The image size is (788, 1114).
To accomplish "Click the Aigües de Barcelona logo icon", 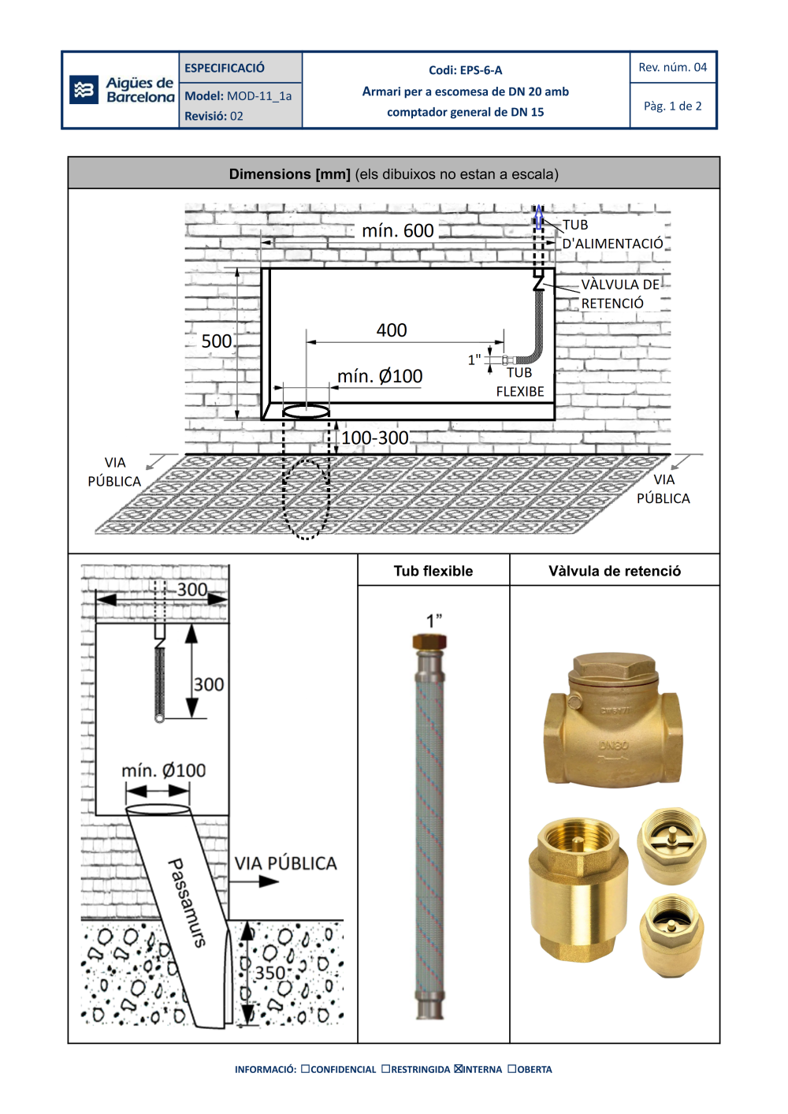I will pos(83,90).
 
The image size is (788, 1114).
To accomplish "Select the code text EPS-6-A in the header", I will pos(481,70).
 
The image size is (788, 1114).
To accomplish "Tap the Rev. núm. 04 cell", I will pos(672,67).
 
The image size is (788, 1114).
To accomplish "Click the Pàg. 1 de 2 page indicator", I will pos(672,106).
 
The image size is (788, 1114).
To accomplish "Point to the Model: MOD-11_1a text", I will pos(238,96).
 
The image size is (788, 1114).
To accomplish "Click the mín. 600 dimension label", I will pos(397,231).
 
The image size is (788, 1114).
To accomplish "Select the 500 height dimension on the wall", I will pos(216,341).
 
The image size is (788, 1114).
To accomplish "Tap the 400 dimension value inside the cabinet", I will pos(392,330).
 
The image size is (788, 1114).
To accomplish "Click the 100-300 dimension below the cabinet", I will pos(374,438).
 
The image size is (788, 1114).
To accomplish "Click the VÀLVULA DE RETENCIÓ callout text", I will pos(619,294).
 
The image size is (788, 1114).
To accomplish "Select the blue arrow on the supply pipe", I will pos(539,217).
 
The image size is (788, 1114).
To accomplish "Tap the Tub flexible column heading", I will pos(433,572).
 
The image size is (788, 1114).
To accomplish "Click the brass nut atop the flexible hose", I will pos(429,641).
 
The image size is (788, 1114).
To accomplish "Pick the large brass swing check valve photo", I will pos(612,720).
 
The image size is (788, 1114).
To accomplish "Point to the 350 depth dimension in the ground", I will pos(269,973).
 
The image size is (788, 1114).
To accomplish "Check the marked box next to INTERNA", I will pos(458,1069).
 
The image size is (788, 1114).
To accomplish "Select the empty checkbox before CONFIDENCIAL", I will pos(305,1069).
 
